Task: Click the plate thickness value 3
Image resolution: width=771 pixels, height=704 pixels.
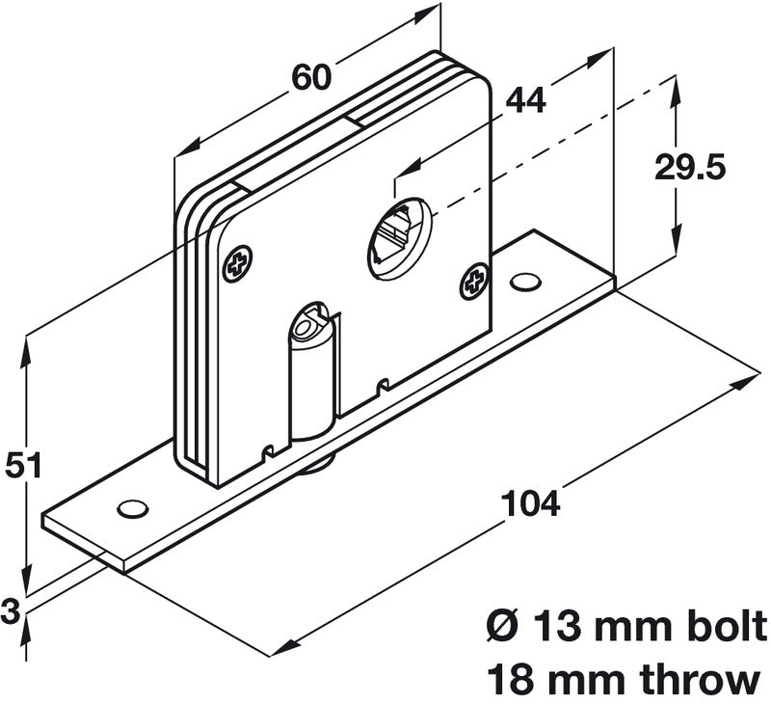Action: tap(12, 609)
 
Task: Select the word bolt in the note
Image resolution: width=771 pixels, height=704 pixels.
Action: tap(720, 627)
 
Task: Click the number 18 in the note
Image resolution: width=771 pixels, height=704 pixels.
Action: tap(512, 679)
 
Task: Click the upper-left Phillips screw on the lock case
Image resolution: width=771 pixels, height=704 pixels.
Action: tap(238, 261)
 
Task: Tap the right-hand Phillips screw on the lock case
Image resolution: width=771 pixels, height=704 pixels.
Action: tap(474, 280)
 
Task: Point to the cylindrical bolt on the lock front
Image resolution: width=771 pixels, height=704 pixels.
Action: tap(314, 376)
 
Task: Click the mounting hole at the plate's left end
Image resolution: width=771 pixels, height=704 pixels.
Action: tap(129, 507)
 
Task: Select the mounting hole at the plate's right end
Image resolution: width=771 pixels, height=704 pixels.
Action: tap(524, 282)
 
